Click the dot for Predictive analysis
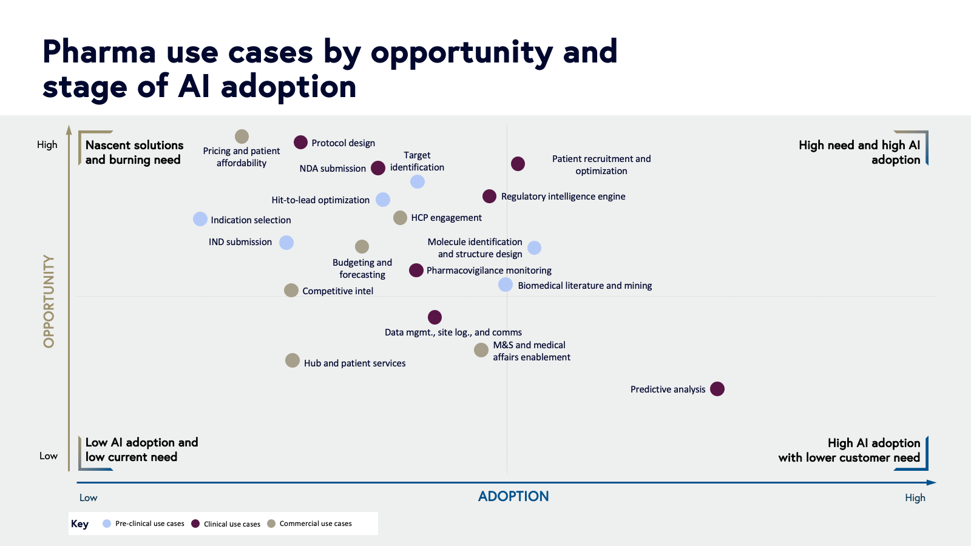pos(717,389)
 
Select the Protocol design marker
pos(300,143)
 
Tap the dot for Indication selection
pos(200,219)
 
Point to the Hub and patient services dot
pos(293,360)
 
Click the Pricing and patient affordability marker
pos(242,136)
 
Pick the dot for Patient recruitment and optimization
pos(518,164)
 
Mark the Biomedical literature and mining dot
pos(506,285)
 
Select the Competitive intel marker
pos(291,290)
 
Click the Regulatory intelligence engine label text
pos(563,197)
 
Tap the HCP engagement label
pos(446,218)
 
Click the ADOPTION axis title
pos(513,496)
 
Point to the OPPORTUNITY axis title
pos(49,301)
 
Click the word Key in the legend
pos(80,524)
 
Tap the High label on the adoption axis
pos(915,497)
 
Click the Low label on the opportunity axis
pos(49,456)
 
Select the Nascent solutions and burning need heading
pos(134,152)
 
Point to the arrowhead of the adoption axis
pos(932,482)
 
